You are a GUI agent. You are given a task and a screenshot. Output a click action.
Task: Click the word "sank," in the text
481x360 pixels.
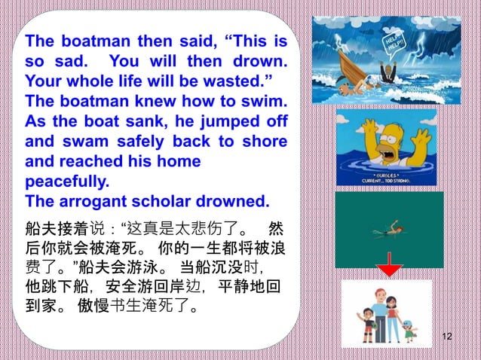(139, 121)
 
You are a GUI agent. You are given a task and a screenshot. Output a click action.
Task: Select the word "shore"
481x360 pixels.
(265, 141)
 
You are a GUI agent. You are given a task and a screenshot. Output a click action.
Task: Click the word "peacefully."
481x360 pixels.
(67, 182)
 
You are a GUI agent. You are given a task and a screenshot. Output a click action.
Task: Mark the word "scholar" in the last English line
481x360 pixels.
(168, 202)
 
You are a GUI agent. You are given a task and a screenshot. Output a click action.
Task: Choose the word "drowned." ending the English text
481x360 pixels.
(236, 202)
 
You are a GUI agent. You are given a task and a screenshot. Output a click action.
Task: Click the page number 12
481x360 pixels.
(447, 336)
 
